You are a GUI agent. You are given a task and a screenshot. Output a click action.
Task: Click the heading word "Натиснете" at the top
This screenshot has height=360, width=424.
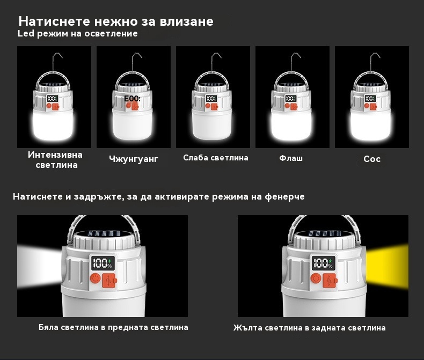coord(54,21)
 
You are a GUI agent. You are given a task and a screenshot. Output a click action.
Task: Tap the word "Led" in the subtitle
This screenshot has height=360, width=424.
coord(26,33)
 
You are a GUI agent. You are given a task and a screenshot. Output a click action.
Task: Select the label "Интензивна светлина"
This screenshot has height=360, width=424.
coord(55,160)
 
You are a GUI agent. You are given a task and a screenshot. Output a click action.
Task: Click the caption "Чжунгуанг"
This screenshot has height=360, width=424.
coord(134,159)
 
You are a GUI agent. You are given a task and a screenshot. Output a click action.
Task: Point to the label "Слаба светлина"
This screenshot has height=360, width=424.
coord(216,158)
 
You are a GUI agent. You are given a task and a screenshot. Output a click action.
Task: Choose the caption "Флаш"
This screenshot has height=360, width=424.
coord(291,158)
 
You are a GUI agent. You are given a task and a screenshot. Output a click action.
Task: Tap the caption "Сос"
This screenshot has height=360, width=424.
coord(372,159)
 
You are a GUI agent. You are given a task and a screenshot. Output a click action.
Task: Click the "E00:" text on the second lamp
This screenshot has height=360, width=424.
coord(132,99)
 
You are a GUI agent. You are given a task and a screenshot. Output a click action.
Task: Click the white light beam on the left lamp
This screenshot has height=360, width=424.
coord(39,266)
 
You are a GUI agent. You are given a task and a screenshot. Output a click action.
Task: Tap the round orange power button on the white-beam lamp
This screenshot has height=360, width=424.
coord(95,278)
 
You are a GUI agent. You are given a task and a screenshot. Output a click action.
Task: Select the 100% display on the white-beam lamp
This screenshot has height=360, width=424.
coord(103,263)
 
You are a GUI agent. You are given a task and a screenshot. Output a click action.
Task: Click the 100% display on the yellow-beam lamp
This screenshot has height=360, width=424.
coord(324,263)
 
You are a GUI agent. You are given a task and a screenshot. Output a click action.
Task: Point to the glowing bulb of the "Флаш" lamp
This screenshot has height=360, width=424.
coord(291,126)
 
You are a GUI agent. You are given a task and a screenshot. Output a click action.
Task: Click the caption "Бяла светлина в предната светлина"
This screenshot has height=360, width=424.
coord(113,327)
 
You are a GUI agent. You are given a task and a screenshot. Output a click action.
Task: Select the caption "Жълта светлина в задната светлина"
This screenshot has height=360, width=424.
coord(309,328)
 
